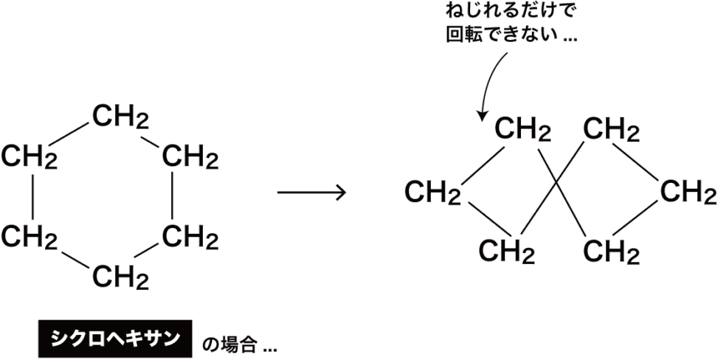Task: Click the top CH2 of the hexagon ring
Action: (x=121, y=117)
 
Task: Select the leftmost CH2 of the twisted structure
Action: (x=433, y=193)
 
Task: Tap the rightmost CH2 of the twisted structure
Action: (x=688, y=193)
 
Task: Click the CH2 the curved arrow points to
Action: (x=523, y=131)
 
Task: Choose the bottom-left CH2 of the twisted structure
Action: (x=507, y=251)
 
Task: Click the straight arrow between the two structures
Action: (x=311, y=193)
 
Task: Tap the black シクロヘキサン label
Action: (x=114, y=338)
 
